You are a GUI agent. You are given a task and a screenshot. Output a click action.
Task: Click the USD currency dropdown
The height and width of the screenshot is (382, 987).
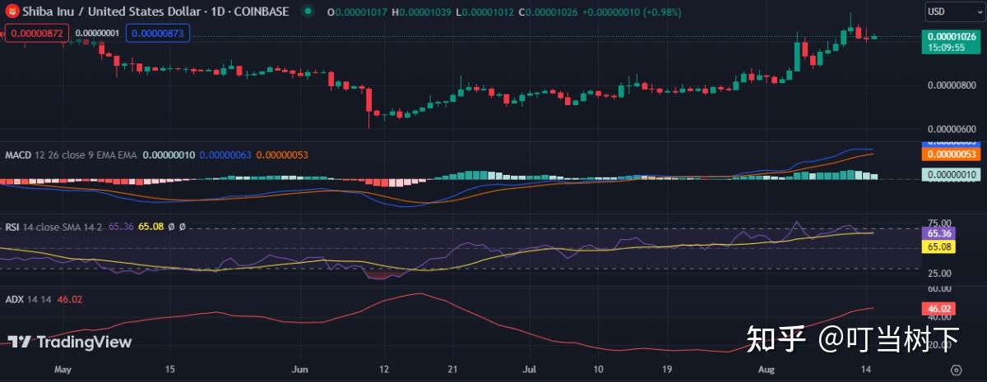951,12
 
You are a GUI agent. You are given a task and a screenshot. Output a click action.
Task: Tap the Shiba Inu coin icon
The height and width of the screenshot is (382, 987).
12,12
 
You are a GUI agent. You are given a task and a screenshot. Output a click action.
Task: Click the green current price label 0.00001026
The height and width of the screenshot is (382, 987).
952,36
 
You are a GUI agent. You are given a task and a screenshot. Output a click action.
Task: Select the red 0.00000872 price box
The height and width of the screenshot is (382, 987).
35,34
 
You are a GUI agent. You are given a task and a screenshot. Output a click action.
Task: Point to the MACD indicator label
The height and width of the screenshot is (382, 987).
18,154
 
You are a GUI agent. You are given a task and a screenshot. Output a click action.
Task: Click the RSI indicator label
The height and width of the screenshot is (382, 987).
12,227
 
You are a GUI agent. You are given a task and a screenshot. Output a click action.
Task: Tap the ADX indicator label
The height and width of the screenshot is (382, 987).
14,300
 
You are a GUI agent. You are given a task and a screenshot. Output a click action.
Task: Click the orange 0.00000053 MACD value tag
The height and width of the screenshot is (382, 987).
951,154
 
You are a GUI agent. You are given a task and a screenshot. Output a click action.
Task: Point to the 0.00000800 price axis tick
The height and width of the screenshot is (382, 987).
951,85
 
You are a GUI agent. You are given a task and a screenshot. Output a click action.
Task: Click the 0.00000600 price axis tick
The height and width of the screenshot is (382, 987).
951,129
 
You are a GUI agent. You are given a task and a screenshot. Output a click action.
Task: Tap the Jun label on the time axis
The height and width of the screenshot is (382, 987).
302,370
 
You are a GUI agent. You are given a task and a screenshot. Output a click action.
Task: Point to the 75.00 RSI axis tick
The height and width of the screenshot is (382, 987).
940,223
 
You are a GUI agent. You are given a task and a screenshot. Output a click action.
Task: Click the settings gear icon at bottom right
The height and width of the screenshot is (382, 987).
956,370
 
